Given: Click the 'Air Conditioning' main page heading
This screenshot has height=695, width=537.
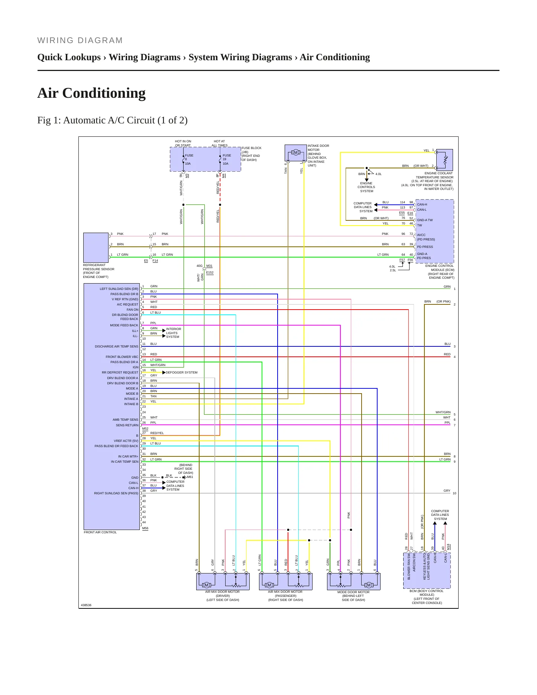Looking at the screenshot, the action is click(91, 93).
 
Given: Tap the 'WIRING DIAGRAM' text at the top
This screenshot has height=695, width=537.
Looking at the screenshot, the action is click(80, 41).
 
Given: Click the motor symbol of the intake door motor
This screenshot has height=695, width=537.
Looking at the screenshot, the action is click(296, 152).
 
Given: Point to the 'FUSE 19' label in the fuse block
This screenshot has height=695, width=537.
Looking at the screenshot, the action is click(227, 157).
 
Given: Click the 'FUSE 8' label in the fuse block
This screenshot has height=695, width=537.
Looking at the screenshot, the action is click(189, 157).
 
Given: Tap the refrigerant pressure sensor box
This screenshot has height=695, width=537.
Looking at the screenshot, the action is click(96, 248).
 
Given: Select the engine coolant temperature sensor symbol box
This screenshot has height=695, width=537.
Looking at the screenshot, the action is click(444, 160).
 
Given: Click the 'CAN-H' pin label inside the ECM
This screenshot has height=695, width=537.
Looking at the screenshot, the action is click(422, 204).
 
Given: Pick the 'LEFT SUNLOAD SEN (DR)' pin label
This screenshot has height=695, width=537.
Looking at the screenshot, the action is click(119, 289).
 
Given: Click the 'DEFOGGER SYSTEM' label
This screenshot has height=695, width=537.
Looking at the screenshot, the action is click(182, 372).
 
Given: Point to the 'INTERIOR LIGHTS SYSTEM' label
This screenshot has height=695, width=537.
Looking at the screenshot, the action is click(174, 333).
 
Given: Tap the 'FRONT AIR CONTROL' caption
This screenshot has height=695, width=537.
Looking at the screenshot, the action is click(100, 532).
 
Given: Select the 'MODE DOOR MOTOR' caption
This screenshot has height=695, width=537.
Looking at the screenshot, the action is click(353, 592).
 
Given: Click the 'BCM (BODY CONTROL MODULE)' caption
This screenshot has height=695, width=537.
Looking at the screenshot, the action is click(427, 593).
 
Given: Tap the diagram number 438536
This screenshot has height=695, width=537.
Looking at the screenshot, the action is click(86, 605).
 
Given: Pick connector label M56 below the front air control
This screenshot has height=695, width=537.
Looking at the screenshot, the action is click(145, 528).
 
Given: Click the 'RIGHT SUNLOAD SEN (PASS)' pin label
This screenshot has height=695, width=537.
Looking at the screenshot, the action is click(116, 493).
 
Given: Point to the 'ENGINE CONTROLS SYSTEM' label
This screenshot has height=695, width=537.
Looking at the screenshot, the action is click(366, 187).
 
